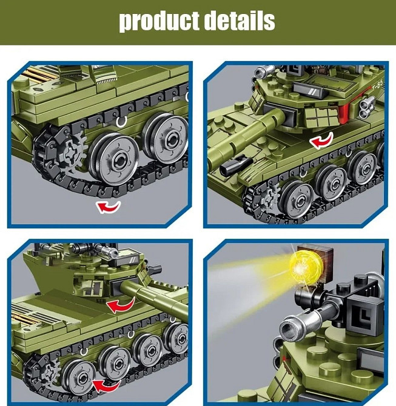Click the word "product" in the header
(x=159, y=21)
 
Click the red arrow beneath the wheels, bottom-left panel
(x=106, y=384)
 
